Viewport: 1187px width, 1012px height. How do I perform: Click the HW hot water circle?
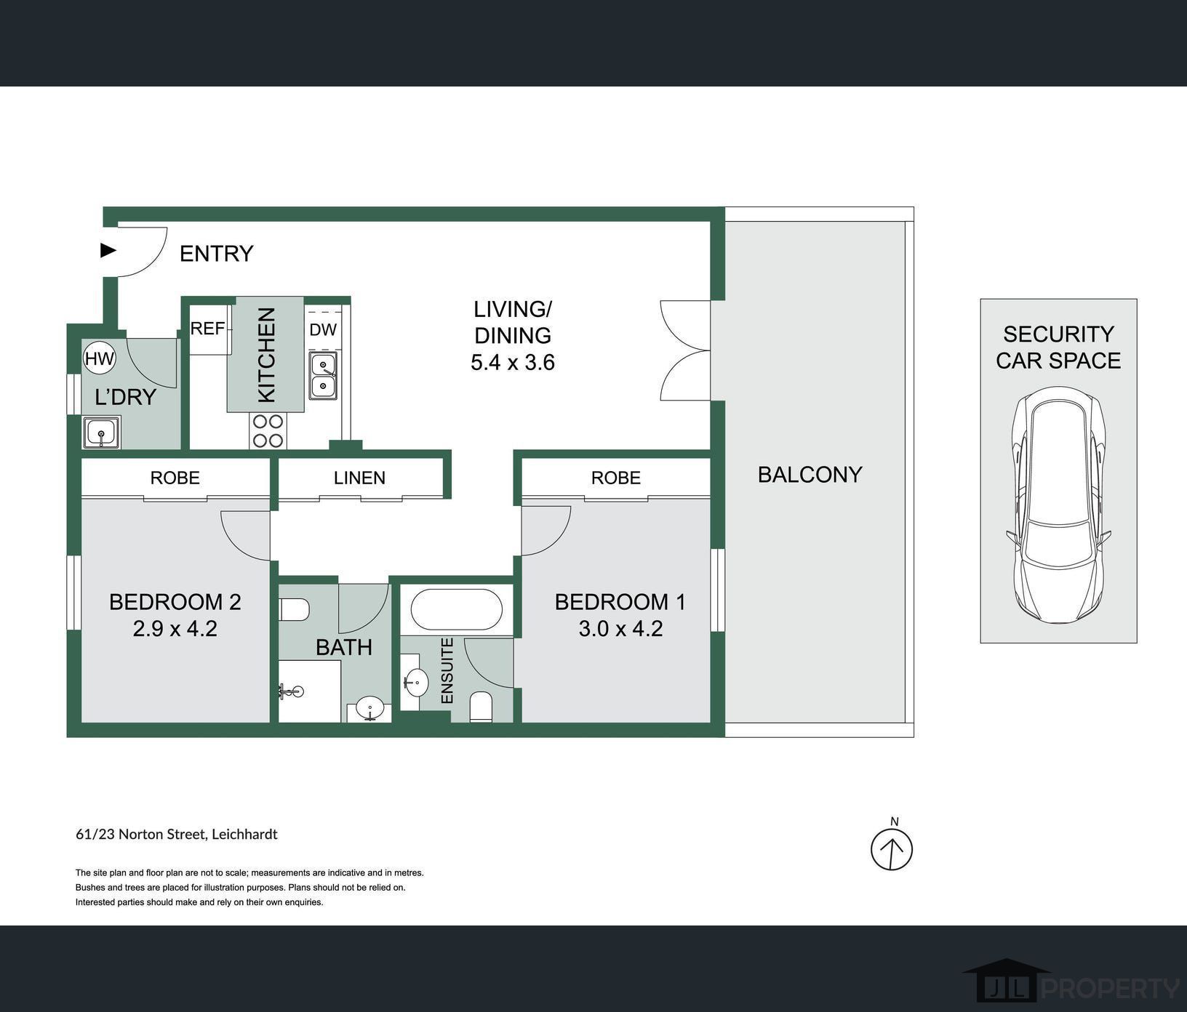point(100,358)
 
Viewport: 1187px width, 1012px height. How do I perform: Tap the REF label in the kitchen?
point(207,329)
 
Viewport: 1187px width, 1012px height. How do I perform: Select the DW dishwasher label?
point(323,329)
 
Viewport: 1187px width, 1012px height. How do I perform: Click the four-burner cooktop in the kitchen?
point(268,430)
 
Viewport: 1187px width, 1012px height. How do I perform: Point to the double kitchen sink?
point(323,376)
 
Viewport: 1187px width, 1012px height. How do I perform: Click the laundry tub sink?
point(101,433)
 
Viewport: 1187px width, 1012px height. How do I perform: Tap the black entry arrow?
point(108,250)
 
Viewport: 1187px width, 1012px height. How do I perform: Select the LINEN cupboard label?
point(359,478)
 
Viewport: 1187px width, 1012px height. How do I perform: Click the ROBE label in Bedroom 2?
point(175,478)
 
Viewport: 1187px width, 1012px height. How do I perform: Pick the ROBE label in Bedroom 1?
point(616,478)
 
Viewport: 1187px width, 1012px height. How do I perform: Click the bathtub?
point(456,609)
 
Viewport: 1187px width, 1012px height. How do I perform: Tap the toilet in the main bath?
point(295,609)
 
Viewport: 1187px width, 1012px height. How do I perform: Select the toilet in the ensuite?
point(481,707)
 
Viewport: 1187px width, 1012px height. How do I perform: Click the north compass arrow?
point(892,848)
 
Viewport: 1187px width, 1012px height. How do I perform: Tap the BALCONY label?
point(810,475)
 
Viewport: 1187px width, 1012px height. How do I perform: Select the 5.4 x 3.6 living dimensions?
point(513,362)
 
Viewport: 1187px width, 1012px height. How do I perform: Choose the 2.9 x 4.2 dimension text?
point(175,628)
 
